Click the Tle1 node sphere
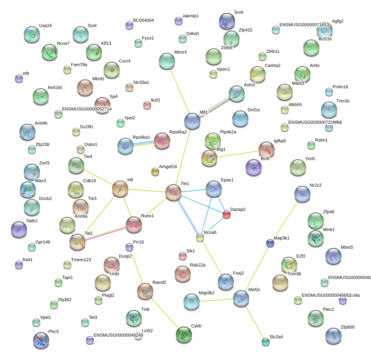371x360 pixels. click(173, 192)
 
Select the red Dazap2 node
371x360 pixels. click(227, 215)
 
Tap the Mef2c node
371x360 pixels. click(241, 299)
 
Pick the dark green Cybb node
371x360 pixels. click(184, 335)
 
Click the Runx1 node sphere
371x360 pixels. click(134, 225)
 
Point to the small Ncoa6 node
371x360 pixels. click(200, 237)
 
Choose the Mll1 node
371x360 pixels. click(192, 121)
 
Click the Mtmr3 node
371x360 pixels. click(167, 61)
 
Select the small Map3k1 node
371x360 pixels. click(270, 243)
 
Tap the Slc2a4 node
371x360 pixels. click(265, 342)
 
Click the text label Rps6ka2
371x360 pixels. click(178, 132)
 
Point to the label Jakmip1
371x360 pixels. click(190, 16)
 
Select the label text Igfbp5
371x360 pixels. click(280, 141)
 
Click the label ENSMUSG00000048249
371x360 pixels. click(118, 335)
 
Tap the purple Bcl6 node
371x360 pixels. click(254, 168)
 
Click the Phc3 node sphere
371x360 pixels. click(41, 341)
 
